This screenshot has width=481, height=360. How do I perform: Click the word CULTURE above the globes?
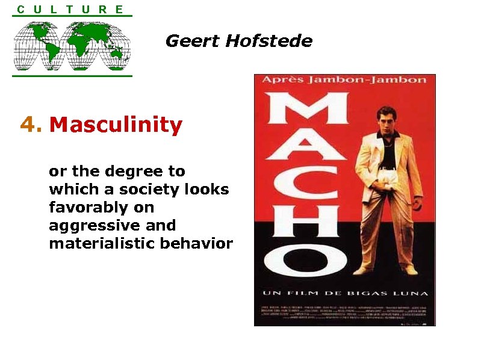click(x=71, y=9)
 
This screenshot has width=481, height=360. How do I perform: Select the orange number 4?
click(x=31, y=125)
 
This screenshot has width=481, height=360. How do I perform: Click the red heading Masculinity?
click(x=116, y=125)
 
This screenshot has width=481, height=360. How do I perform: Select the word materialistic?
click(x=99, y=244)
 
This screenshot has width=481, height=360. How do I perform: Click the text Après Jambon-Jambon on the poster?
click(x=344, y=80)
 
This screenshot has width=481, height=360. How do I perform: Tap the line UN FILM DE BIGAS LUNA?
click(x=344, y=293)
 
